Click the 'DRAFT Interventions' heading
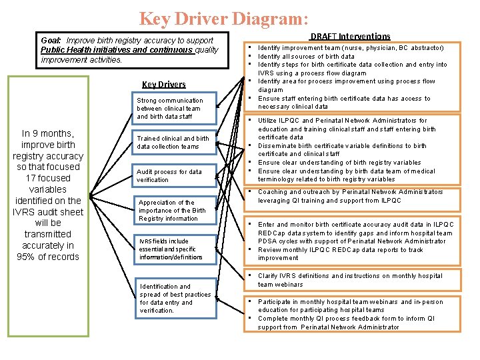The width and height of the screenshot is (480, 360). (x=350, y=36)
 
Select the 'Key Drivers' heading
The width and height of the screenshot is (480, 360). (x=164, y=84)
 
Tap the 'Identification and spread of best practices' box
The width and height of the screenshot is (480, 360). (x=175, y=298)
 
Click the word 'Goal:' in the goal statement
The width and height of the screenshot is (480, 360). (x=53, y=41)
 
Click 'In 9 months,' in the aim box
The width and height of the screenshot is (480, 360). (x=48, y=133)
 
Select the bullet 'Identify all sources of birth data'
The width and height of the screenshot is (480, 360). (x=306, y=57)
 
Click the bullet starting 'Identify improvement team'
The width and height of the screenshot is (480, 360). (x=350, y=48)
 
